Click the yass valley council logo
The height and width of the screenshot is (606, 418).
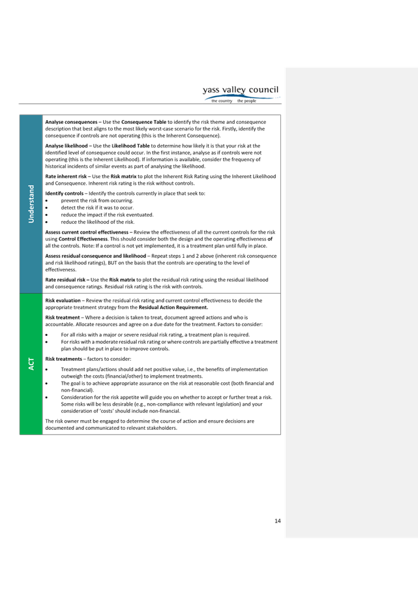coord(241,94)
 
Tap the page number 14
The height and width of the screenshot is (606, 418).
coord(277,521)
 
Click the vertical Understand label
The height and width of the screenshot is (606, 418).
coord(31,204)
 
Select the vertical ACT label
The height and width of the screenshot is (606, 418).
coord(31,364)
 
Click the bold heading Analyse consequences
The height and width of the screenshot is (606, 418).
coord(71,122)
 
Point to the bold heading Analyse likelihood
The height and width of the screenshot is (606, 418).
coord(67,145)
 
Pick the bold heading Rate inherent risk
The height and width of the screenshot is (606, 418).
coord(66,176)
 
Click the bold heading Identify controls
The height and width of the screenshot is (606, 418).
coord(64,193)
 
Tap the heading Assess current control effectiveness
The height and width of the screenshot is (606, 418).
coord(87,232)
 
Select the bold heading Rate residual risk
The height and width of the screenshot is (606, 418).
coord(65,280)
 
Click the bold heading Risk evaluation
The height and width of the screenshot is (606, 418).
coord(63,301)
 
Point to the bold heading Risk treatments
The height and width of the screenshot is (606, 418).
coord(64,359)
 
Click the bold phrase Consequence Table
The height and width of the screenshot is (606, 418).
coord(143,122)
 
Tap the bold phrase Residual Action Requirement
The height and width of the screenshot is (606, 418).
coord(173,308)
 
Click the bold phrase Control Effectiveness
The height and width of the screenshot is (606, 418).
coord(83,239)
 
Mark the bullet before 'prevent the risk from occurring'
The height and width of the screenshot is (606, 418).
coord(47,201)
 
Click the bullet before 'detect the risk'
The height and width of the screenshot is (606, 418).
coord(47,208)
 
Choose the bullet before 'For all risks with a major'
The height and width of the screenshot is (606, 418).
coord(47,335)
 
